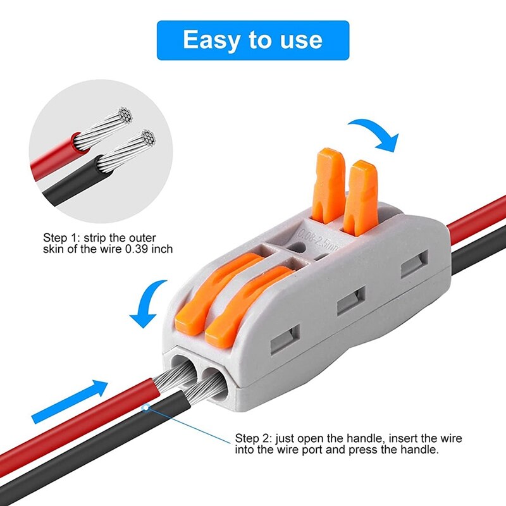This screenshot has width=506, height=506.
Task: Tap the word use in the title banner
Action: coord(299,40)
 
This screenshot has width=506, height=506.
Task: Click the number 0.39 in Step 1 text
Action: coord(133,249)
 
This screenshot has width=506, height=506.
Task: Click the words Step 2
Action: coord(251,438)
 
